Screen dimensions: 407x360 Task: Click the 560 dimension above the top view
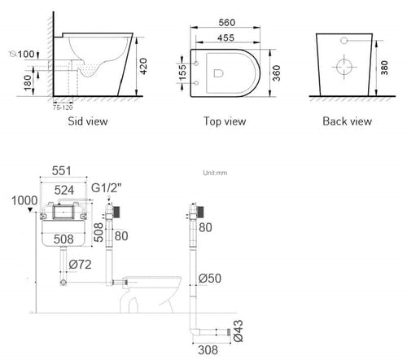(227, 23)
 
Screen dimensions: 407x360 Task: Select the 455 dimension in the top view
(225, 38)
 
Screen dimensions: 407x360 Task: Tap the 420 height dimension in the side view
(143, 66)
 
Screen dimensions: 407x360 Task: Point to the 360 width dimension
(276, 73)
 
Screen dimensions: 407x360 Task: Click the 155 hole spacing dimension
(183, 72)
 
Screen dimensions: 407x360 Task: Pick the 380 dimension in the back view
(384, 68)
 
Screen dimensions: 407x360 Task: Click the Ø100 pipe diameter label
(22, 54)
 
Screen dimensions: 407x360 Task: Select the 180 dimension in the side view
(28, 83)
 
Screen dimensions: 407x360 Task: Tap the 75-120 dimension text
(63, 108)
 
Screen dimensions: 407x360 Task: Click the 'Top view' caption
(225, 121)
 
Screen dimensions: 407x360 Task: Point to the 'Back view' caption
(347, 121)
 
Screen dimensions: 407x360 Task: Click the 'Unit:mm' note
(215, 173)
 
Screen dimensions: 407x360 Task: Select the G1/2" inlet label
(107, 187)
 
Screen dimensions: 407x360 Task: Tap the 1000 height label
(24, 200)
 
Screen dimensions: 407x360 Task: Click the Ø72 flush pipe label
(80, 265)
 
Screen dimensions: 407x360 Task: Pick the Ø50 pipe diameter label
(210, 279)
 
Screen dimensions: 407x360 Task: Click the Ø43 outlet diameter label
(238, 331)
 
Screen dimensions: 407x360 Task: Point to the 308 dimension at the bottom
(208, 350)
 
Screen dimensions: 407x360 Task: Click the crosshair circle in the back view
(344, 67)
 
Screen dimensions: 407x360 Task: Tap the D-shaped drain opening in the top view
(218, 73)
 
